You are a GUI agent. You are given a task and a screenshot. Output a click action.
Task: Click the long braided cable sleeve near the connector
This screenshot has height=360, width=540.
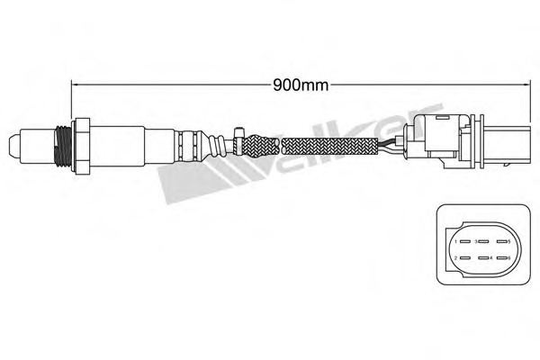click(x=333, y=144)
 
